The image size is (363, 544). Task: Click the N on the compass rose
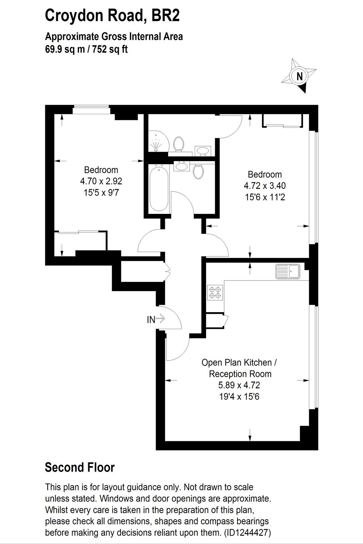(x=300, y=76)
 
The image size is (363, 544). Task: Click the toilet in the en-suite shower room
(x=178, y=144)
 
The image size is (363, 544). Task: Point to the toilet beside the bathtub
(x=198, y=171)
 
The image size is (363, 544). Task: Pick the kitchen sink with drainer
(x=288, y=272)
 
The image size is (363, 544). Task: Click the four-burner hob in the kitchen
(x=216, y=293)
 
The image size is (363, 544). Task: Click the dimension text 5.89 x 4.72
(x=239, y=385)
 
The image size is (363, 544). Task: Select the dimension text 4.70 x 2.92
(x=101, y=181)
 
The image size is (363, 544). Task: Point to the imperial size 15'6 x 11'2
(x=265, y=197)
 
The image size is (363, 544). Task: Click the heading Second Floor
(x=80, y=467)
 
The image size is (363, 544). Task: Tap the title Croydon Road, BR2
(x=112, y=16)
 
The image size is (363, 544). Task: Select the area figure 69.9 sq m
(x=65, y=50)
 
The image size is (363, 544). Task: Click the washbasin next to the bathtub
(x=181, y=166)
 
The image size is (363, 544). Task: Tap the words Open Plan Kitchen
(x=236, y=362)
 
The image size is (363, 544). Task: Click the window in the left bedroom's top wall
(x=92, y=109)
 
